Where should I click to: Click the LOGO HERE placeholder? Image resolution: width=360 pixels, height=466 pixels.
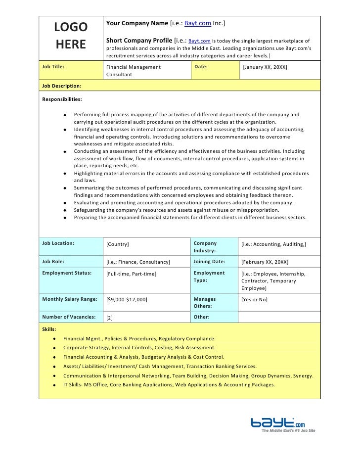point(71,36)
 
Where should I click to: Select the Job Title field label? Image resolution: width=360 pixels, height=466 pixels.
point(53,66)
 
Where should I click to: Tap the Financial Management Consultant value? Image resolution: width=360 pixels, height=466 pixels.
point(133,71)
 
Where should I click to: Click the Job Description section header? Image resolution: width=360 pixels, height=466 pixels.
point(62,86)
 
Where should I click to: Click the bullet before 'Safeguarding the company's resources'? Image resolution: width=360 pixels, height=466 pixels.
point(65,210)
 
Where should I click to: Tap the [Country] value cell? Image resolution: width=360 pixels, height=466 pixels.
point(118,244)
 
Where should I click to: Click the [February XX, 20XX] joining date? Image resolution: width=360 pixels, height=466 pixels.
point(265,262)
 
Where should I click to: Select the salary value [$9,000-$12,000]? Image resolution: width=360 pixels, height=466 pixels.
point(127,300)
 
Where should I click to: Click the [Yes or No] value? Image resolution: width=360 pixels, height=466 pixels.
point(254,300)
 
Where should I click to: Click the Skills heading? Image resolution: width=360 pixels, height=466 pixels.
point(49,329)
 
